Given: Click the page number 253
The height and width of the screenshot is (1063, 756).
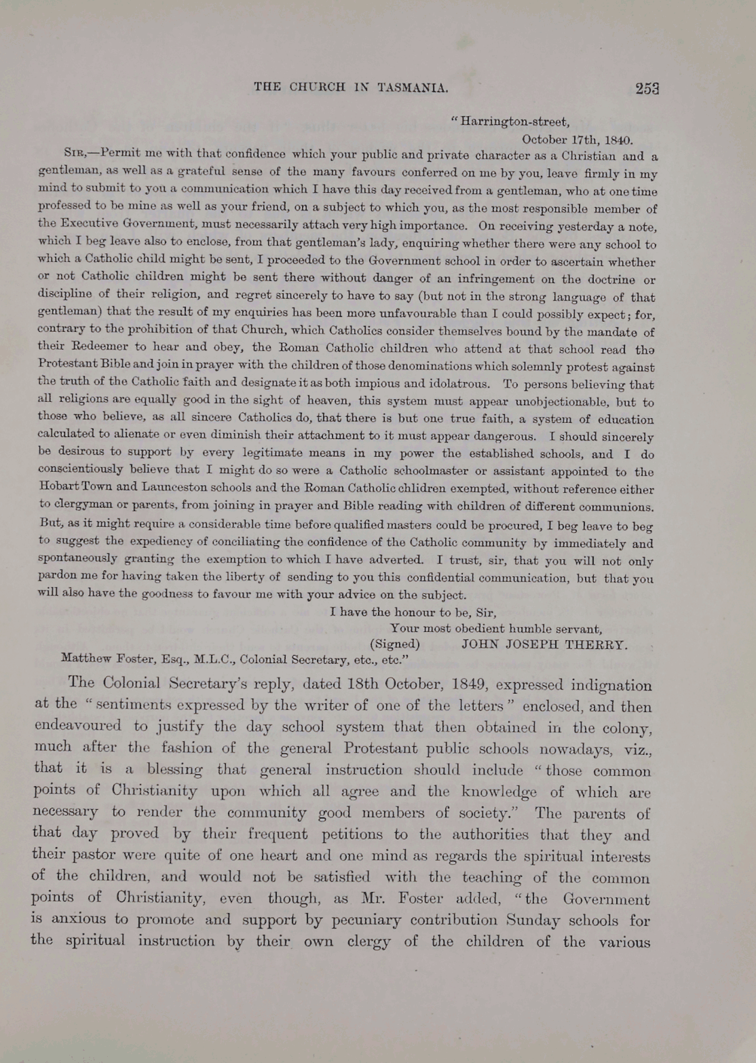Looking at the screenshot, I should (647, 88).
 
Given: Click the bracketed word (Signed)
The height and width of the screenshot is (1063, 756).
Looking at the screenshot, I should (395, 644).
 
